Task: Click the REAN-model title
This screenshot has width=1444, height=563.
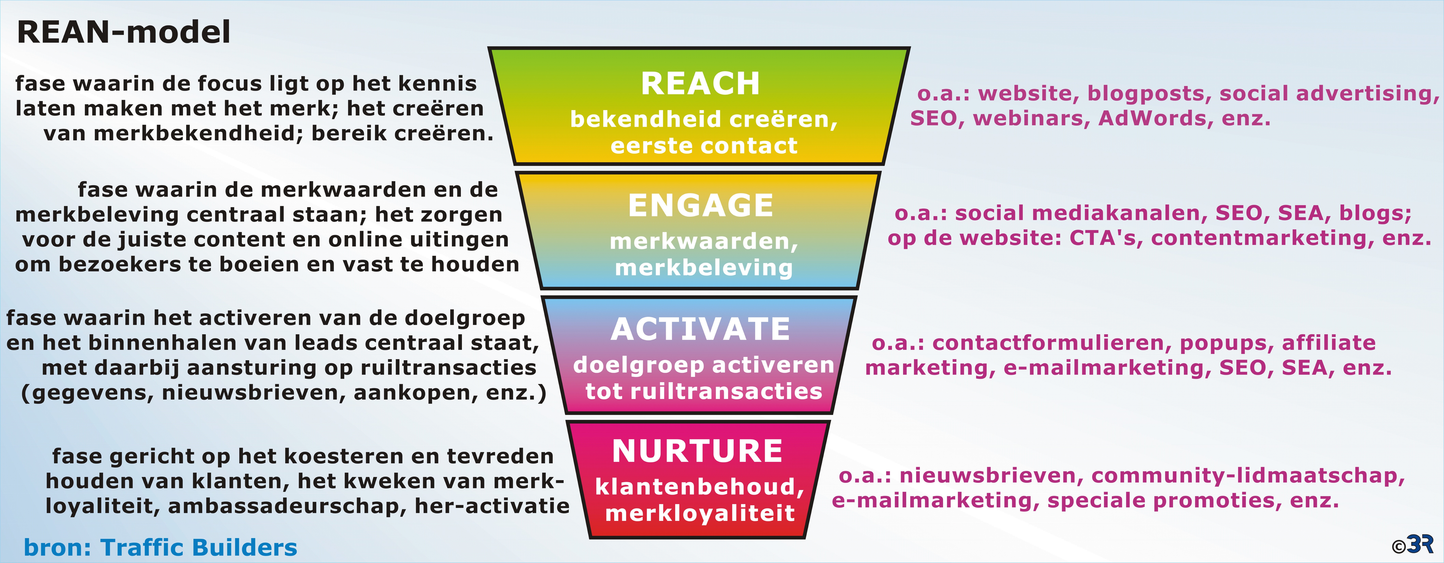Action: [124, 32]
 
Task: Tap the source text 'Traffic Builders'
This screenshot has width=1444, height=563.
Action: [199, 547]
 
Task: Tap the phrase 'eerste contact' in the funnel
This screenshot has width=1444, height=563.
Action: [704, 146]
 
